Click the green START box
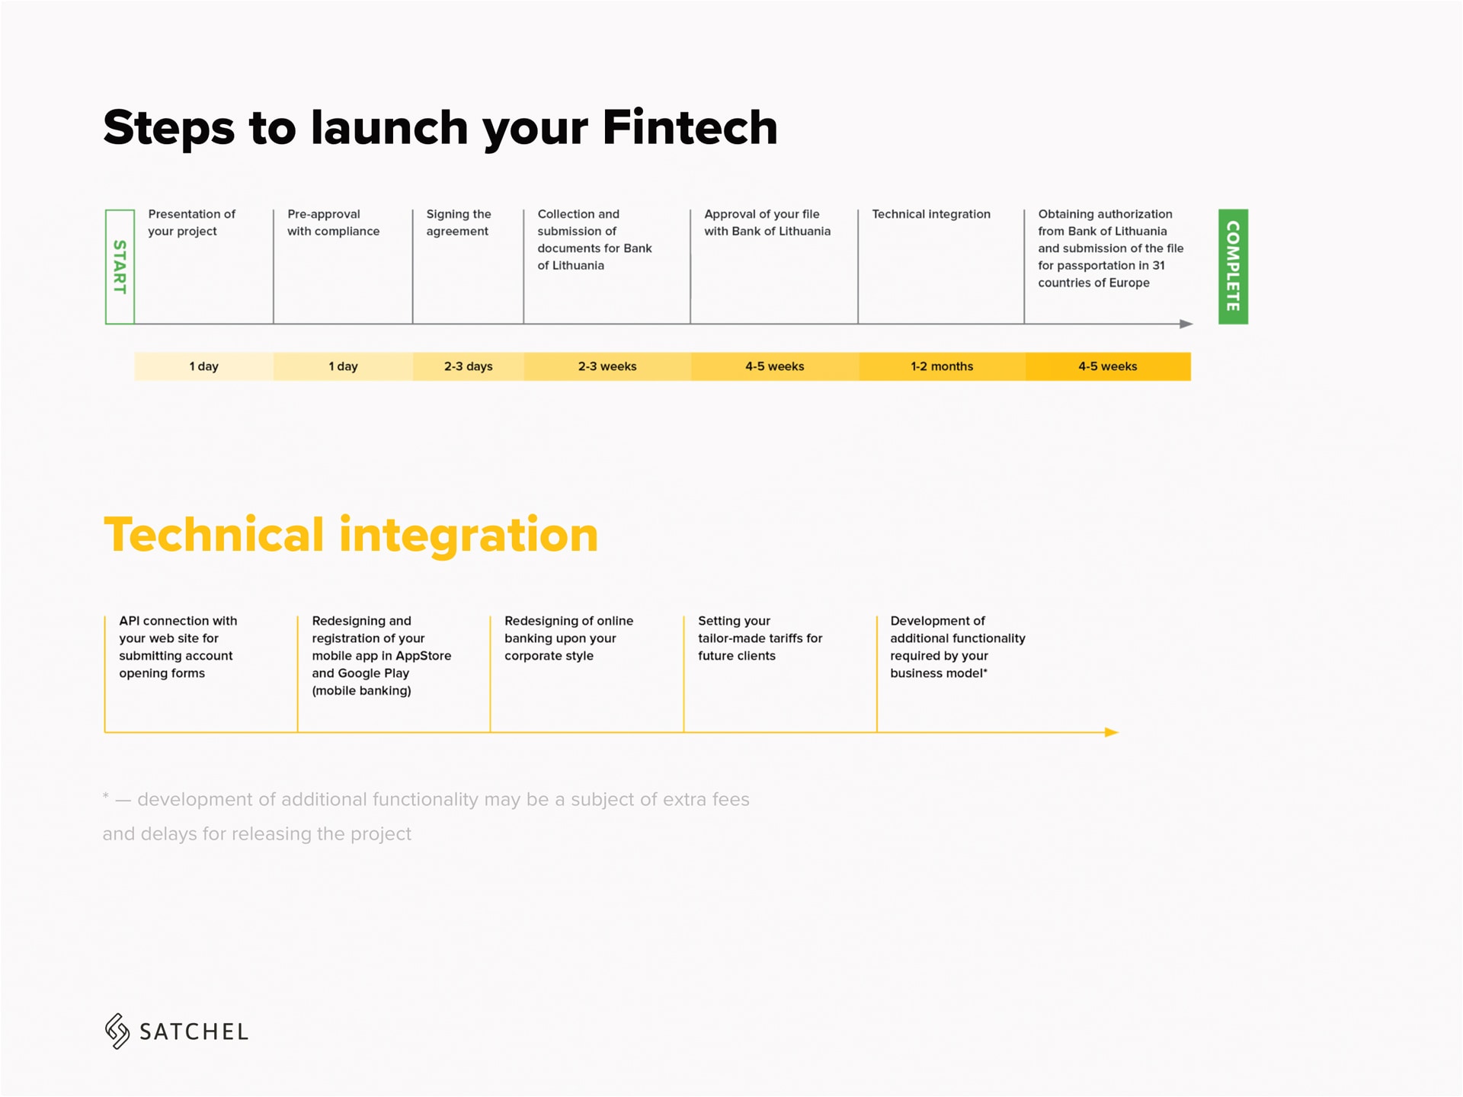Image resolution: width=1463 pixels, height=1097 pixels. pyautogui.click(x=120, y=267)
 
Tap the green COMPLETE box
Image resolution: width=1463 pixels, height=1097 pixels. pyautogui.click(x=1233, y=267)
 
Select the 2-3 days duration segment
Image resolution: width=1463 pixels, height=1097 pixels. pyautogui.click(x=468, y=366)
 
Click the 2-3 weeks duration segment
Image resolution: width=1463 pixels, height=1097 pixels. pyautogui.click(x=607, y=366)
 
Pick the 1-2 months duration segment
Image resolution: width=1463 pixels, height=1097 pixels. pyautogui.click(x=942, y=366)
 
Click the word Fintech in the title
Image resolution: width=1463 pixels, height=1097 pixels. pyautogui.click(x=690, y=127)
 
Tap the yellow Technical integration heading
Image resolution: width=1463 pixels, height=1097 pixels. pyautogui.click(x=351, y=535)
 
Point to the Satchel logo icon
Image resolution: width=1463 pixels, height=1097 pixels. pyautogui.click(x=117, y=1031)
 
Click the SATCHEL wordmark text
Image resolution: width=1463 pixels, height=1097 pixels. pyautogui.click(x=194, y=1032)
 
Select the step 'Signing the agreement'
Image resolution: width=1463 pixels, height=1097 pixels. pyautogui.click(x=459, y=222)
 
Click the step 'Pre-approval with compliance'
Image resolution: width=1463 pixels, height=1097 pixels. pyautogui.click(x=333, y=222)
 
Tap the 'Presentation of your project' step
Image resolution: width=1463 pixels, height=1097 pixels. pyautogui.click(x=191, y=222)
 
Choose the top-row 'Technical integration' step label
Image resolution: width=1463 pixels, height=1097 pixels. pyautogui.click(x=931, y=214)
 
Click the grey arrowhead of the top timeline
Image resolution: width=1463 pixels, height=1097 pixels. pyautogui.click(x=1186, y=324)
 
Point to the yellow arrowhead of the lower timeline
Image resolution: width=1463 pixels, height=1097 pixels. pyautogui.click(x=1112, y=732)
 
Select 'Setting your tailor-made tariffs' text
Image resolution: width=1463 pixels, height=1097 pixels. pyautogui.click(x=760, y=630)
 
